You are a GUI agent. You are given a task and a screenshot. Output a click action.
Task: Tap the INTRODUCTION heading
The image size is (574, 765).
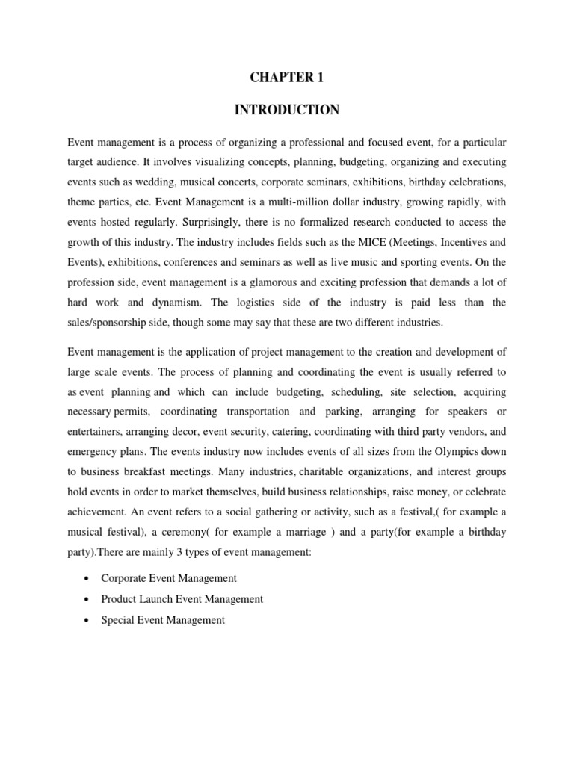click(x=287, y=110)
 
